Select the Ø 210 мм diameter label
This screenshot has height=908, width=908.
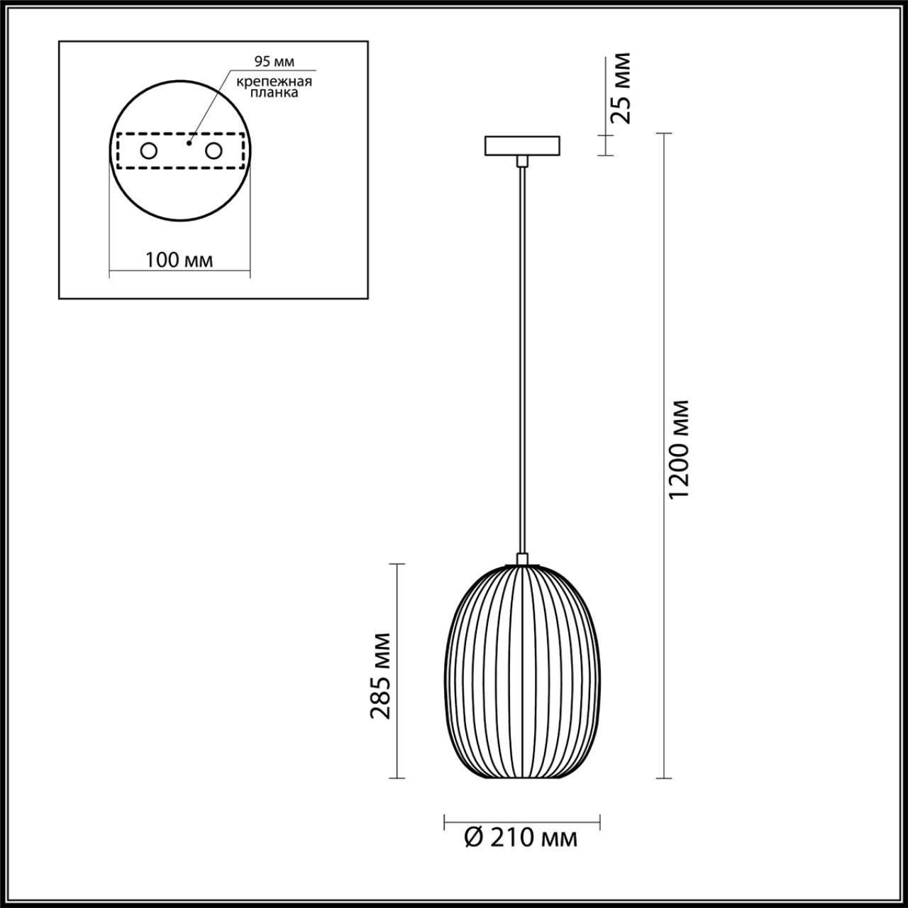(521, 838)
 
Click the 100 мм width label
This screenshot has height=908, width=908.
(179, 260)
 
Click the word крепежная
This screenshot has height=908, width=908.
(275, 82)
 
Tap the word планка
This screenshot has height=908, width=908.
(275, 93)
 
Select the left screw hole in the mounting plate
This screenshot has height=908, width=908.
(149, 150)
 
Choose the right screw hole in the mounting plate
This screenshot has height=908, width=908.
(213, 150)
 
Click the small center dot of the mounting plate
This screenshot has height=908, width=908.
(188, 143)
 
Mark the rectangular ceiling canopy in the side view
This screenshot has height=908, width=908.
(522, 145)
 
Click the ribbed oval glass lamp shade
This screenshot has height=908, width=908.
(522, 674)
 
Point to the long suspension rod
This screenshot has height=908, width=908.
(522, 355)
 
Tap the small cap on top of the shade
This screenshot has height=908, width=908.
(522, 560)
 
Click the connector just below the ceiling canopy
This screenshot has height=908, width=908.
(522, 162)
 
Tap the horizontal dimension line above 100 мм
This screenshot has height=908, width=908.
(179, 272)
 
